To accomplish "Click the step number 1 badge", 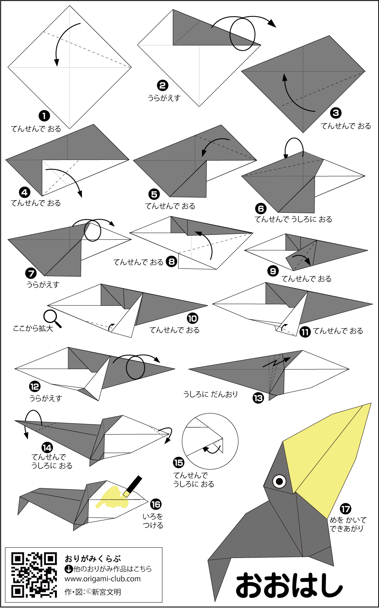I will [x=44, y=116].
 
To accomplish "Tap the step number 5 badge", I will [x=154, y=194].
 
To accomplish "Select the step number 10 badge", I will [x=193, y=318].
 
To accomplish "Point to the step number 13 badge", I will [x=258, y=398].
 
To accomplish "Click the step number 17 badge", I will [x=345, y=509].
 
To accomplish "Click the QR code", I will [x=34, y=575].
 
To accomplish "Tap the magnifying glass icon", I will [x=52, y=318].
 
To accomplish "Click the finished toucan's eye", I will [x=280, y=481].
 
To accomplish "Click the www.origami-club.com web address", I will [x=102, y=579].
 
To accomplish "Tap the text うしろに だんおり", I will [x=210, y=394].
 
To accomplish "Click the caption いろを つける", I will [x=153, y=521].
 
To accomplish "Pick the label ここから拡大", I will [x=33, y=329].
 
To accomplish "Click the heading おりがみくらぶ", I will [x=93, y=559].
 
